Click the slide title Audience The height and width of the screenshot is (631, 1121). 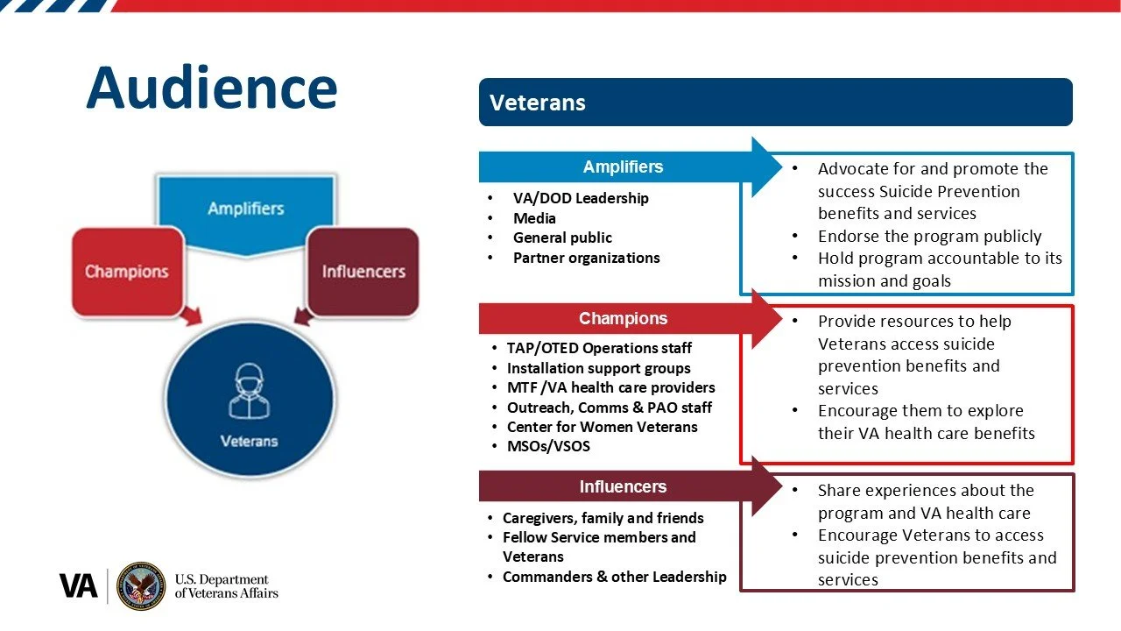211,88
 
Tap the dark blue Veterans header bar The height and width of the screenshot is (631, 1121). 775,103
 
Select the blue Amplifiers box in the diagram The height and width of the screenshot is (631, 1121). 246,209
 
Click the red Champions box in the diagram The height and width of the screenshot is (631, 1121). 127,271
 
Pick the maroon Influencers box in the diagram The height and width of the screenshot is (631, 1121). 363,271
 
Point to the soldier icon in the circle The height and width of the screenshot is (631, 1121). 249,391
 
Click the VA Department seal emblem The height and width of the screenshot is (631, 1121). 141,586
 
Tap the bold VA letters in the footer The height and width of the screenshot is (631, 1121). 78,586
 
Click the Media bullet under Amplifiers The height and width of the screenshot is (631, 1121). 534,218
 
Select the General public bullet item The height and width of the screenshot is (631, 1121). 562,238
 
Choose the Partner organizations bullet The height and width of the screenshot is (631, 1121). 586,258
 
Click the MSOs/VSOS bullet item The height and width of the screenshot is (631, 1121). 548,446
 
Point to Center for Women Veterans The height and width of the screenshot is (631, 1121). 602,427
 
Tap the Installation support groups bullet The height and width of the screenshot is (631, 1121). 598,368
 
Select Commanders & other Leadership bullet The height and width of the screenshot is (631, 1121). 614,576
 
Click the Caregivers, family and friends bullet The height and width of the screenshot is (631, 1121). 603,518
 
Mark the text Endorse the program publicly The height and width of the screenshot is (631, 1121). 929,236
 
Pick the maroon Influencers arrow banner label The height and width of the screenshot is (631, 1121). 623,487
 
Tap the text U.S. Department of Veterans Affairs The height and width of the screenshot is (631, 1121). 226,586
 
